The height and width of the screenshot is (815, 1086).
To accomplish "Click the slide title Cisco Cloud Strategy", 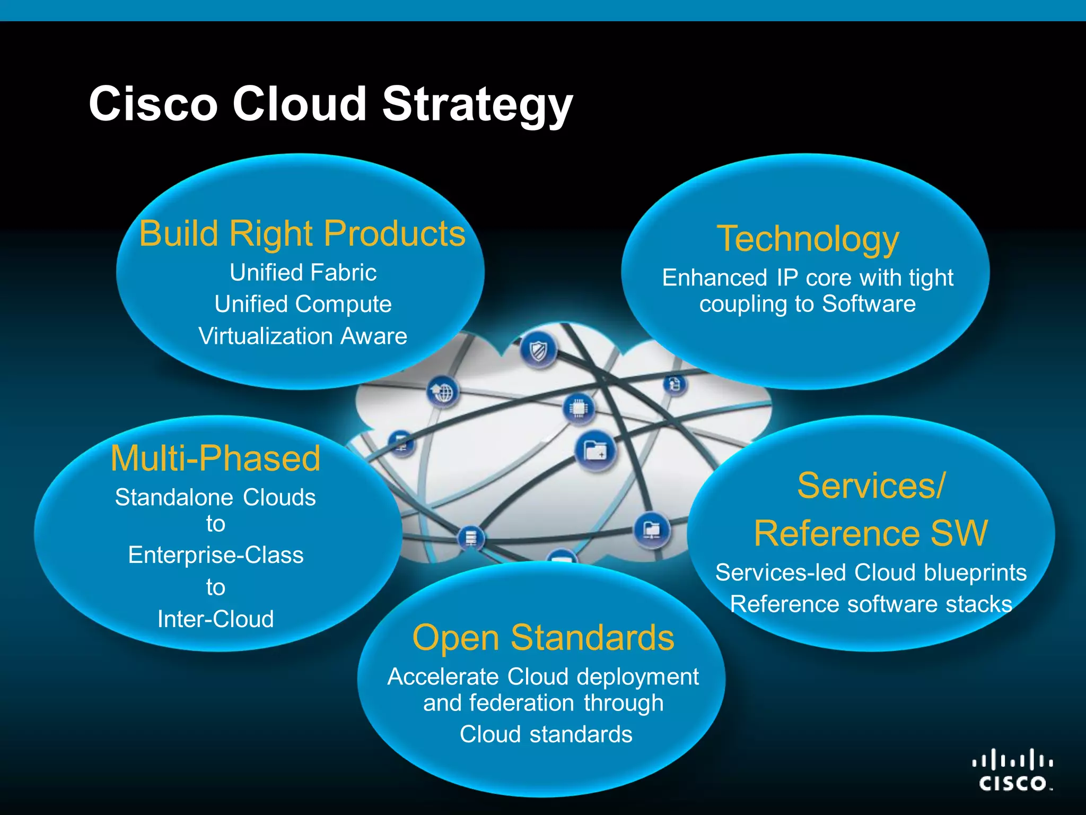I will [x=330, y=104].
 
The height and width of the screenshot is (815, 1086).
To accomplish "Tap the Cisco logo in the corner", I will [x=1013, y=770].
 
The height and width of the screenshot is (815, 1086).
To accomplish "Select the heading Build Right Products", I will [x=302, y=233].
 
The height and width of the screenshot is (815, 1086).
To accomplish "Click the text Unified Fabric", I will [x=303, y=273].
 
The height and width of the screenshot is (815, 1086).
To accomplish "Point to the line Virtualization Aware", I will [x=303, y=336].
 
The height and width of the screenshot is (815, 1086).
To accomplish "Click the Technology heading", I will [x=808, y=239].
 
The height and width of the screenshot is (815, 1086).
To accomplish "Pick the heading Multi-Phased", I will [x=215, y=458].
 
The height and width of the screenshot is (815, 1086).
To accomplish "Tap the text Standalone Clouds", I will [x=215, y=498].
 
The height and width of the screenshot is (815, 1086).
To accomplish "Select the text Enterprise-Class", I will [x=216, y=556].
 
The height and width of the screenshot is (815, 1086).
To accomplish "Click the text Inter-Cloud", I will [x=215, y=619].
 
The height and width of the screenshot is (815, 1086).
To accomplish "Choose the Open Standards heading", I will [x=543, y=637].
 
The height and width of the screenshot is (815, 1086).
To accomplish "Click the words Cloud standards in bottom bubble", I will [x=546, y=734].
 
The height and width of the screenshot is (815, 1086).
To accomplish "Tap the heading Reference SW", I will [x=871, y=533].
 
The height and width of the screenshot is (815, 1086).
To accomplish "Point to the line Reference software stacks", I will [x=871, y=604].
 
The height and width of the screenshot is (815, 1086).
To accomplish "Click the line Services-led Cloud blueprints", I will [x=871, y=573].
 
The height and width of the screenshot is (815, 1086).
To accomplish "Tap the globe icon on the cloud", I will [x=443, y=393].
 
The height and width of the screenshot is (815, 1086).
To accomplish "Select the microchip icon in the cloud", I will [x=578, y=408].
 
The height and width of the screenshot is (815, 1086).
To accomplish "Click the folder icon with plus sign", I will [x=595, y=451].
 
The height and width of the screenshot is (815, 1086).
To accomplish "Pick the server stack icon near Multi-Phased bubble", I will [x=470, y=538].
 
